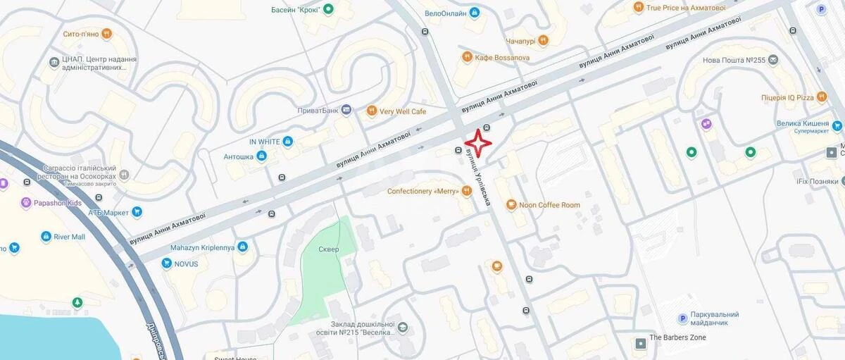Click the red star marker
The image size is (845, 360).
coord(478,144)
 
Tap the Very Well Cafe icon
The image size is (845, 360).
coord(372,111)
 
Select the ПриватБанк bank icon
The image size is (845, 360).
coord(346,110)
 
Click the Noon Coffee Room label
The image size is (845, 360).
coord(549,205)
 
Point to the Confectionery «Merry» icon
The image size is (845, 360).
coord(465,191)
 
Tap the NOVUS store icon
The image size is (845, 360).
coord(167,263)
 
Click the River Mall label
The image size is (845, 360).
coord(69,237)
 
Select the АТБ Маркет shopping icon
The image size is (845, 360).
coord(137,211)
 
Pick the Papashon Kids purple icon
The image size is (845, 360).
coord(27,203)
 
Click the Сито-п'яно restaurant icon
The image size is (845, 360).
coord(106,33)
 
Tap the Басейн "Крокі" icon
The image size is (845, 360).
coord(328,9)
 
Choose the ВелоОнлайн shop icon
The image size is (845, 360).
coord(474,13)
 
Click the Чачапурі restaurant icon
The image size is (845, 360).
coord(543,40)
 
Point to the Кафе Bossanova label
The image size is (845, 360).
coord(502,57)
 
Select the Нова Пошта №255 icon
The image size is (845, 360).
coord(773,60)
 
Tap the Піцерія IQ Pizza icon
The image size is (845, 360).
coord(822,97)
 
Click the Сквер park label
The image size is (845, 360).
coord(328,249)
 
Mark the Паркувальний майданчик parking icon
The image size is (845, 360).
coord(682,318)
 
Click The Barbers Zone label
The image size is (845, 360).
coord(677,337)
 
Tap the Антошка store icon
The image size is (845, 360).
coord(261,156)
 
